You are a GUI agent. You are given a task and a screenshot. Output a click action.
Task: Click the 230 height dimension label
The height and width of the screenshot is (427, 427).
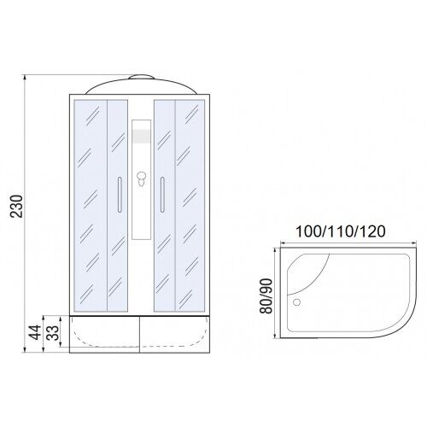tap(16, 207)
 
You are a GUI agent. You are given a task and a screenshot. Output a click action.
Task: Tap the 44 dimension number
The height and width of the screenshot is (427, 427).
tap(36, 332)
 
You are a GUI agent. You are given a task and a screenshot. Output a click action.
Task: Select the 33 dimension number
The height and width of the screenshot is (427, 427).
tap(53, 332)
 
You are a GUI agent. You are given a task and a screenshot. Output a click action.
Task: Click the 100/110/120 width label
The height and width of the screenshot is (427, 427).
tap(341, 231)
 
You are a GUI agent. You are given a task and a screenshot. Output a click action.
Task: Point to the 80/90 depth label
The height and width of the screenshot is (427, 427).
tap(266, 296)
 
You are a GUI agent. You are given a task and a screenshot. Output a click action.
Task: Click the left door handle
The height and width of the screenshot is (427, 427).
tap(120, 195)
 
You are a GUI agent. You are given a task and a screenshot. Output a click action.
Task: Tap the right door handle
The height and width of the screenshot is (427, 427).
tap(162, 195)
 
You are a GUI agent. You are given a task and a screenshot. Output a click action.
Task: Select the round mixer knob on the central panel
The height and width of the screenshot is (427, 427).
tap(141, 178)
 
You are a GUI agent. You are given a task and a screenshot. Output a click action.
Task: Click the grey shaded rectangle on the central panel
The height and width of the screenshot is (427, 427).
tap(141, 136)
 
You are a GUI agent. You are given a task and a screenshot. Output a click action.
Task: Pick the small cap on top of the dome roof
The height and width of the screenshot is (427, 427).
tap(141, 77)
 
